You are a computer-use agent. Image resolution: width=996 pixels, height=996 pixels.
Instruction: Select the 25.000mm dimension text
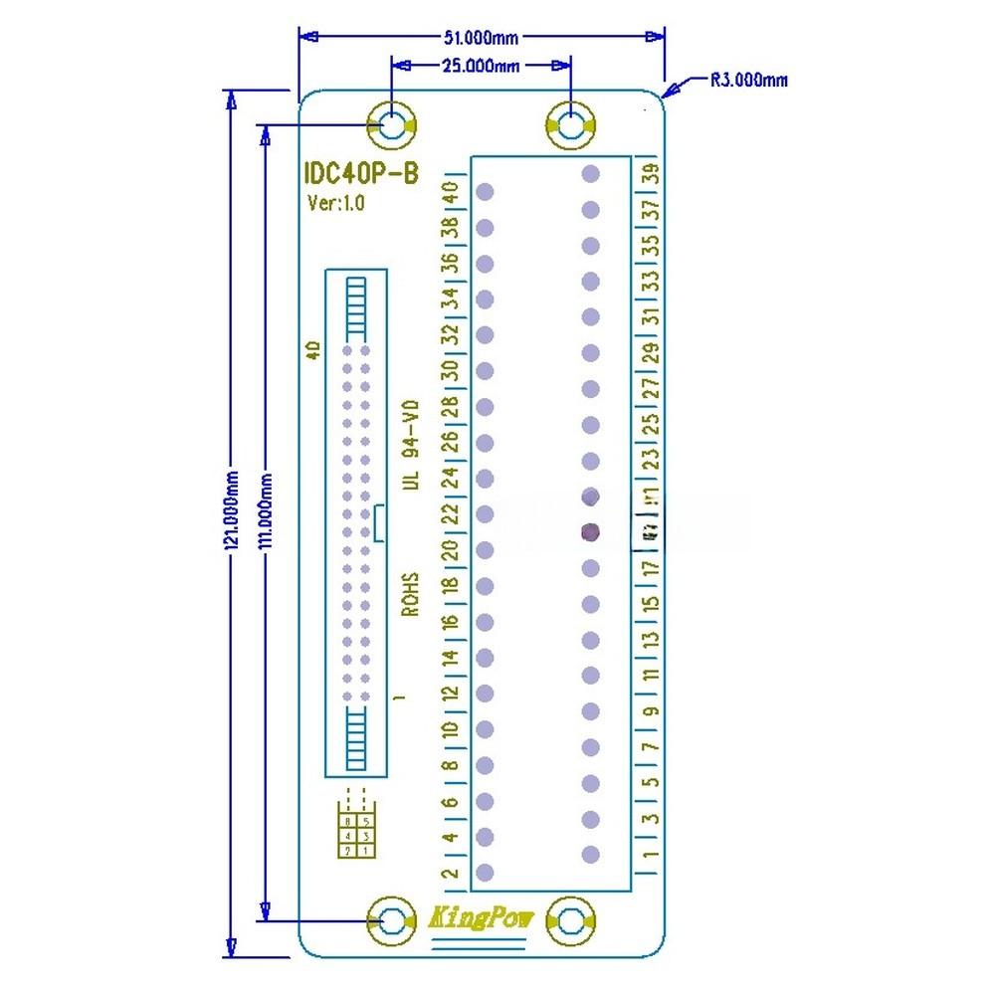click(x=480, y=66)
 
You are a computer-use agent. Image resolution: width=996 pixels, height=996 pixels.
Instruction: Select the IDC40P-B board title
click(x=361, y=173)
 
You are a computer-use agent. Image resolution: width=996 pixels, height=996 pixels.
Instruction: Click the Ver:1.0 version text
click(x=336, y=203)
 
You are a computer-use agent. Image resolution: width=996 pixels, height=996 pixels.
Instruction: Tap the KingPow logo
click(x=481, y=918)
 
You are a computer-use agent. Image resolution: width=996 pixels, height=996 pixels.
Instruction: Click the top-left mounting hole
click(x=392, y=126)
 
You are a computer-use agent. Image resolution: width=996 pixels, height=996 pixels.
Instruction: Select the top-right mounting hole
click(x=570, y=126)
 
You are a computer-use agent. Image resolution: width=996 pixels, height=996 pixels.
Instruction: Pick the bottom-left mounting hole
click(x=392, y=921)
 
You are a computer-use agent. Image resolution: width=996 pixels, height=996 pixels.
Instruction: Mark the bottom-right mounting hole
click(x=570, y=921)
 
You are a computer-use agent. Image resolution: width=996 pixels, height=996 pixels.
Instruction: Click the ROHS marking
click(x=410, y=593)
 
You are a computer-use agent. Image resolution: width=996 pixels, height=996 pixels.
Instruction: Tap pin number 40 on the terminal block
click(x=450, y=191)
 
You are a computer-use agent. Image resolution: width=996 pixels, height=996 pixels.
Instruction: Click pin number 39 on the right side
click(x=652, y=173)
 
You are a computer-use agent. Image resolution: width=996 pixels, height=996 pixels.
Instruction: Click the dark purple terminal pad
click(x=590, y=532)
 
